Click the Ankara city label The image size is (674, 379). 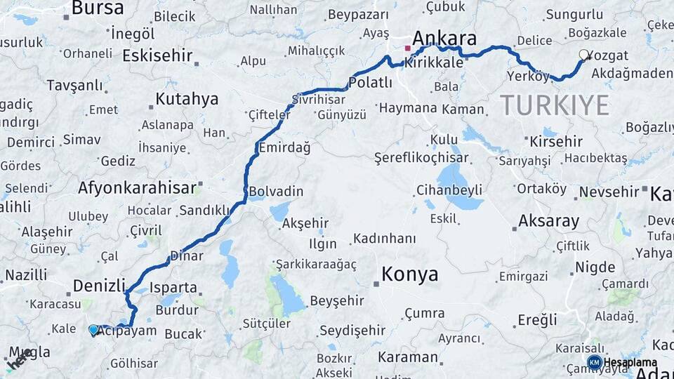[x=445, y=38]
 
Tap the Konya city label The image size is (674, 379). [x=409, y=274]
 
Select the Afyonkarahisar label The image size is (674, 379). [x=136, y=188]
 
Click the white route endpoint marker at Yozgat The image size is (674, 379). [x=583, y=55]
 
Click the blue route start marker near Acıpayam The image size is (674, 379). [x=93, y=329]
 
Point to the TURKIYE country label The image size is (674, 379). [x=555, y=105]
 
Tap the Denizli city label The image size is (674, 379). [x=99, y=286]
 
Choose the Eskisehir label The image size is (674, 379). [x=157, y=55]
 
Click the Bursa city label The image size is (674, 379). [x=98, y=8]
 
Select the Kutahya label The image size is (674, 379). [x=187, y=99]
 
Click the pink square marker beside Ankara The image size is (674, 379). [x=407, y=48]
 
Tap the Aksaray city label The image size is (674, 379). [x=548, y=222]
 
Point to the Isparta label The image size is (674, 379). [x=173, y=287]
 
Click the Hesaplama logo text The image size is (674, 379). [x=630, y=362]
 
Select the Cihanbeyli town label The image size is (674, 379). [x=449, y=189]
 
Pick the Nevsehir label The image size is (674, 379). [x=608, y=191]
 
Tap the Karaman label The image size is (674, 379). [x=407, y=357]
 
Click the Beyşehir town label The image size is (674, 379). [x=337, y=301]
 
